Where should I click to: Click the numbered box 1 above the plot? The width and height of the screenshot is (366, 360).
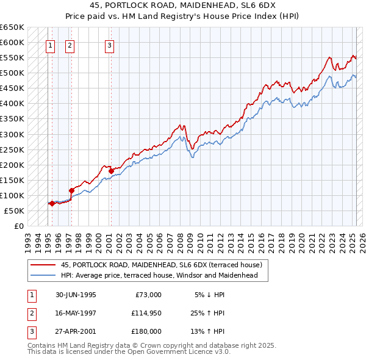(x=50, y=45)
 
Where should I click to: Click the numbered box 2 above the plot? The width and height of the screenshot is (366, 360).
(x=70, y=45)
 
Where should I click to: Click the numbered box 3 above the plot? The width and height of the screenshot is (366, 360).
(x=109, y=45)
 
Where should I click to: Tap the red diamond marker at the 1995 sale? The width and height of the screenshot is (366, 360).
(x=52, y=204)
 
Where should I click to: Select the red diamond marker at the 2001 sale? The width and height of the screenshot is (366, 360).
(x=111, y=171)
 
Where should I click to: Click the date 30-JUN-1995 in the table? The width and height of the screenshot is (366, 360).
(x=76, y=295)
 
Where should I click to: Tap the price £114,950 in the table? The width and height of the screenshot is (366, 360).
(x=146, y=313)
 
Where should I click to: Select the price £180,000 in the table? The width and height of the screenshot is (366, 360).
(x=146, y=331)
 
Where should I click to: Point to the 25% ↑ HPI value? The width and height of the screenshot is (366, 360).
(x=207, y=313)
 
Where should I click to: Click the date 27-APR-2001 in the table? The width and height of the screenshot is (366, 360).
(x=76, y=331)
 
